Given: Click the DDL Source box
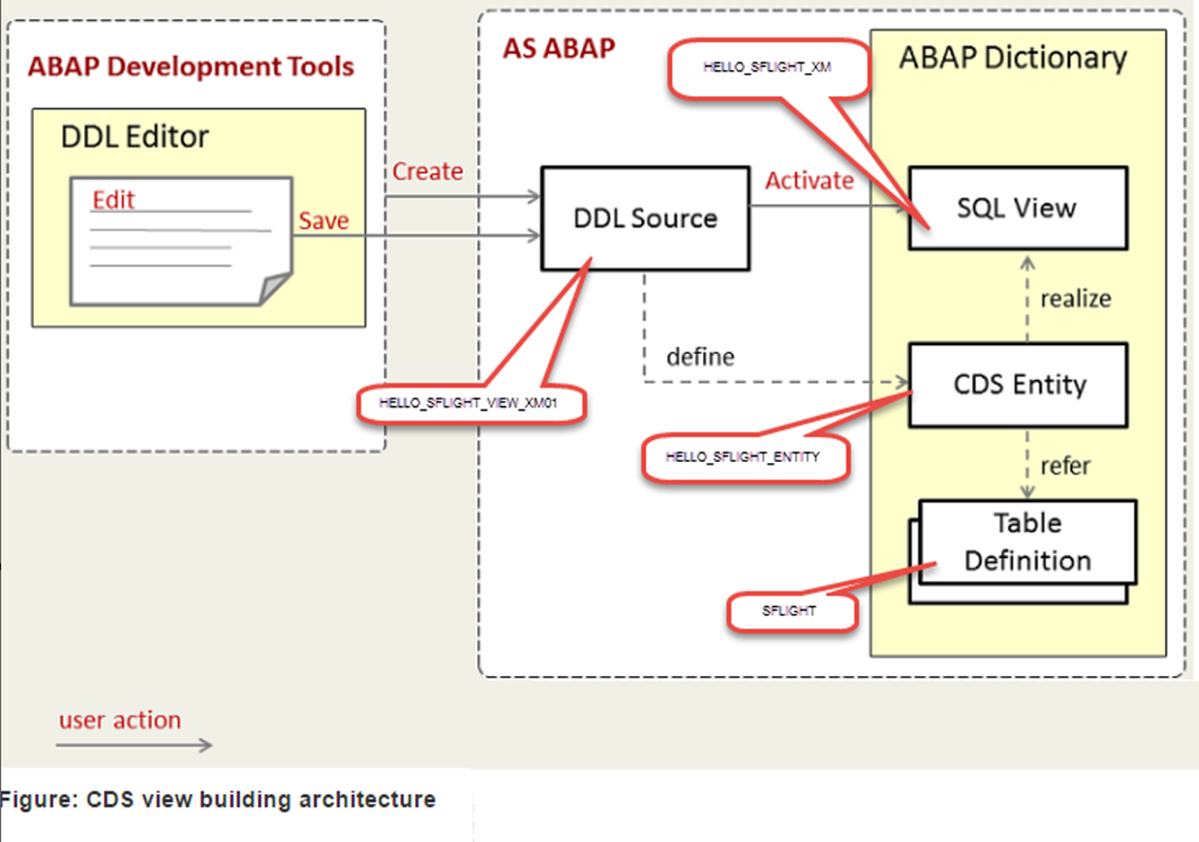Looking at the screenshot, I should (x=645, y=218).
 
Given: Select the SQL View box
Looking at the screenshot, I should (x=1017, y=208).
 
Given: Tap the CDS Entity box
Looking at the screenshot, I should (x=1018, y=384).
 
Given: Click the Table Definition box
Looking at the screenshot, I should (x=1027, y=542).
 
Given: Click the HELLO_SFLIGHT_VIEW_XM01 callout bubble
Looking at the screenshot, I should (x=469, y=404).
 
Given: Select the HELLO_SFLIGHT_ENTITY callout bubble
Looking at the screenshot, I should (x=743, y=457).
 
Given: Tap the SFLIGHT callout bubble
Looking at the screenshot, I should (x=789, y=611).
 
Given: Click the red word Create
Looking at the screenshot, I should (x=427, y=171).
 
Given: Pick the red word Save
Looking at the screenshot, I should (x=323, y=221).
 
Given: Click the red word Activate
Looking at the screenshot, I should (x=810, y=181).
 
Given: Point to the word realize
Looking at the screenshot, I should (x=1076, y=299).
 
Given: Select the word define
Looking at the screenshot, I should (x=700, y=357).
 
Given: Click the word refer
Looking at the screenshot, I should (x=1065, y=466).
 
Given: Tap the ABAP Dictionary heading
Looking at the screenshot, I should (x=1013, y=58).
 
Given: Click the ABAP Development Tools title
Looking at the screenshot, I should (x=190, y=66).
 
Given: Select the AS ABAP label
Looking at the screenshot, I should (x=559, y=48).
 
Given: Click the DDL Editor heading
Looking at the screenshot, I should (x=134, y=137).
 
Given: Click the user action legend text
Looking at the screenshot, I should (x=120, y=721).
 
